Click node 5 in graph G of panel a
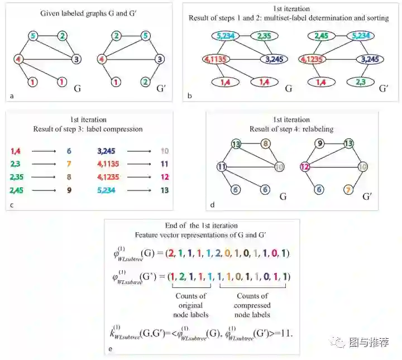coord(33,37)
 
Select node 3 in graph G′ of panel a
coord(160,59)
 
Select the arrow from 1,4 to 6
coord(42,151)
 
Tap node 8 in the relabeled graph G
coord(266,144)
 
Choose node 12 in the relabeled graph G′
coord(305,166)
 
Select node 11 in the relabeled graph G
coord(222,166)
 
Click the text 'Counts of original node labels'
coord(191,305)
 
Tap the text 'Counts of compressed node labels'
coord(252,305)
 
